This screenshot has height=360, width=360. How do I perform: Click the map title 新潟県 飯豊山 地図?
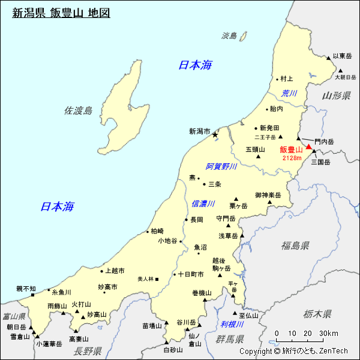tap(61, 13)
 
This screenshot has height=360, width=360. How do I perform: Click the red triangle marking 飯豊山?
tap(309, 146)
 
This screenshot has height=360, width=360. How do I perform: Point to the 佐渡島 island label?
tap(79, 110)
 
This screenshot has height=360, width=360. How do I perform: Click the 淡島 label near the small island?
tap(230, 35)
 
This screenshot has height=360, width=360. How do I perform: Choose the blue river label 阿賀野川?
tap(221, 166)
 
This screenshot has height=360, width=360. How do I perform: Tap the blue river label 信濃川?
tap(203, 204)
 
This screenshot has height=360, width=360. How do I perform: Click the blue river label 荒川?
tap(290, 93)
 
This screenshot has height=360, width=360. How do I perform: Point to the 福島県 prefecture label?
tap(295, 245)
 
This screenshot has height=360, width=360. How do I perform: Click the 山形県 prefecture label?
tap(336, 96)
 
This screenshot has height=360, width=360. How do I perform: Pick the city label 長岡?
tap(197, 220)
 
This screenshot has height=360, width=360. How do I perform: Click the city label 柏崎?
tap(157, 231)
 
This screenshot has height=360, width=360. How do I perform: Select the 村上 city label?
tap(286, 79)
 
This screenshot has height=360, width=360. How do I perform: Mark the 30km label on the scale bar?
tap(328, 334)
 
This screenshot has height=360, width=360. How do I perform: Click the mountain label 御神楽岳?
tap(268, 195)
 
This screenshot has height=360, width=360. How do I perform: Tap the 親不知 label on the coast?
tap(26, 289)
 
